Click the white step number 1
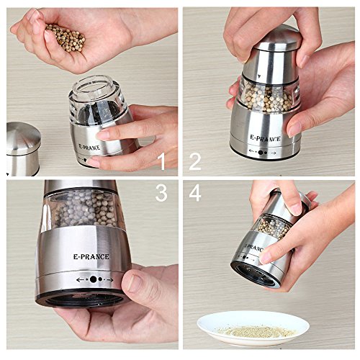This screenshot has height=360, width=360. pos(163,161)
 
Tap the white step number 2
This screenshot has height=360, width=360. pos(195,161)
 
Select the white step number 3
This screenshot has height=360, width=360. pos(161,193)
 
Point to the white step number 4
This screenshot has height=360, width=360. pos(195,193)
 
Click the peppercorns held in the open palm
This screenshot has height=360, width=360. pos(66,38)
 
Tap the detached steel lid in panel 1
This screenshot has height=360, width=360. pos(23,148)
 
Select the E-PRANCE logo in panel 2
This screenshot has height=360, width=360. pos(265,138)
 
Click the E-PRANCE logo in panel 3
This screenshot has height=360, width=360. pos(91,256)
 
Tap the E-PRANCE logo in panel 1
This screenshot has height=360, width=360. pos(89,147)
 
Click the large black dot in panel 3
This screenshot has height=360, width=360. pos(93,279)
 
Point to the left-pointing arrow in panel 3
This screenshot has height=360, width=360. pos(81,279)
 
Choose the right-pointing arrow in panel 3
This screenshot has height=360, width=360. pos(109,280)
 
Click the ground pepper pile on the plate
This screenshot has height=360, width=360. pos(257,331)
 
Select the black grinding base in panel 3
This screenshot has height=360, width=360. pos(81,299)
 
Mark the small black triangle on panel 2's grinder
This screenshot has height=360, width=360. pos(258,76)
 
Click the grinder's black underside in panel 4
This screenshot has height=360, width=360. pos(255,274)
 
